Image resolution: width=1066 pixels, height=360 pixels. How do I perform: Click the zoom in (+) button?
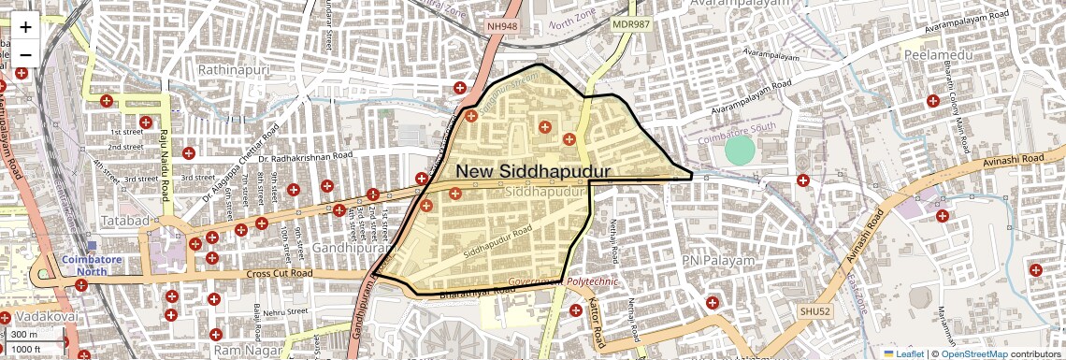point(25,27)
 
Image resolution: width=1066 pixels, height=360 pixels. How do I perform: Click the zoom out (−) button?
point(25,53)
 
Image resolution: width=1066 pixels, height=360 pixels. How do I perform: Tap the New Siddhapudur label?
point(533,172)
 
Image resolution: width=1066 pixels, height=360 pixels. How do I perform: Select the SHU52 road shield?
point(814,310)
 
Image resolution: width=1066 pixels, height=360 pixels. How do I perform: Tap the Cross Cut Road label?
point(280,274)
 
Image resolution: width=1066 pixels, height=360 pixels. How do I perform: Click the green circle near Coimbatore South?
point(739,151)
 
